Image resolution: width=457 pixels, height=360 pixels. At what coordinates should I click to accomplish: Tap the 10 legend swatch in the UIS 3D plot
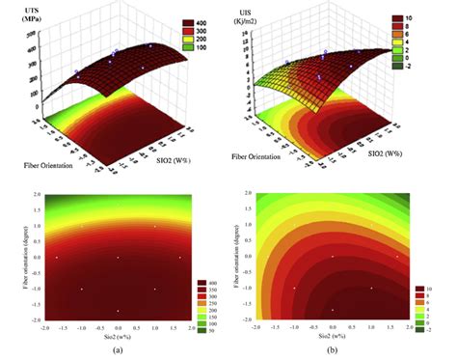420,17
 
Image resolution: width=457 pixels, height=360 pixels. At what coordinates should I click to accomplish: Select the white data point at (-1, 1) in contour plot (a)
82,227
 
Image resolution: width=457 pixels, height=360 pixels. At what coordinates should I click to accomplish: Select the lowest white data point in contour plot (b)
333,310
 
